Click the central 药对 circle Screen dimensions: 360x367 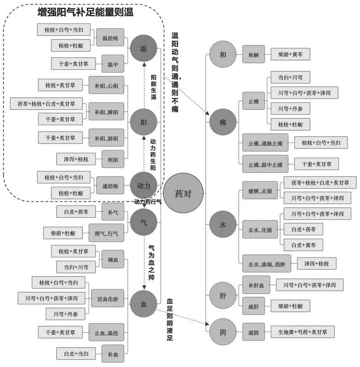(x=183, y=193)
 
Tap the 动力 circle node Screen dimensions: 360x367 (x=143, y=186)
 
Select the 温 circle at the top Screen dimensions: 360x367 (x=143, y=48)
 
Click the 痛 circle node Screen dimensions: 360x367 (x=223, y=122)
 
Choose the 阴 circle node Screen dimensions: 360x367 (x=223, y=332)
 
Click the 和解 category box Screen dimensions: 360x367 (x=253, y=55)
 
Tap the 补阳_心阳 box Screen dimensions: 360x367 (x=106, y=85)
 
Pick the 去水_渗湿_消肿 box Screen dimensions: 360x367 (x=266, y=264)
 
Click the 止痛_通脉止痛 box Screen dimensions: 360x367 (x=265, y=143)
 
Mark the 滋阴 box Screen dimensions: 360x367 (x=253, y=332)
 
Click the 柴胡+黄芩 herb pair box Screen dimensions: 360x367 (x=290, y=55)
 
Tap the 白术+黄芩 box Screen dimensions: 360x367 (x=303, y=245)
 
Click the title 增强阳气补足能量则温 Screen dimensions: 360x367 (x=85, y=12)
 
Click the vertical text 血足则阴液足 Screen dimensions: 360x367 (x=169, y=320)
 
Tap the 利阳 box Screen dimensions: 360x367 (x=112, y=159)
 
